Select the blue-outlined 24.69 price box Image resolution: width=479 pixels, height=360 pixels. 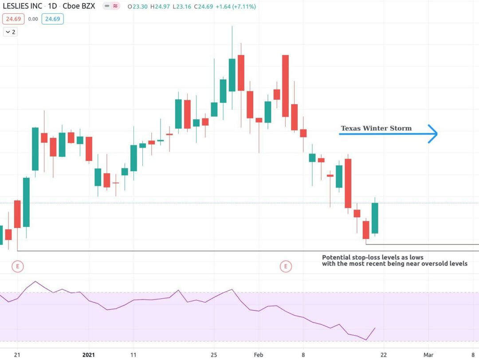pos(52,19)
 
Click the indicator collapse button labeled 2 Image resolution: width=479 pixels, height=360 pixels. pos(11,32)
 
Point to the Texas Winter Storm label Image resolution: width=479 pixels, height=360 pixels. pos(376,129)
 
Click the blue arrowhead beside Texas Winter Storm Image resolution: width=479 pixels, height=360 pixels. pos(433,133)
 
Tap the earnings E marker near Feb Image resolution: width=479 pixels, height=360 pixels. pos(286,266)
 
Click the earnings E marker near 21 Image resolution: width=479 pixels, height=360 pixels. pos(18,266)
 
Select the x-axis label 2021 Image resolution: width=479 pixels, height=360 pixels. pos(89,355)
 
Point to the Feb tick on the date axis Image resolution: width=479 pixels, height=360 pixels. pos(259,355)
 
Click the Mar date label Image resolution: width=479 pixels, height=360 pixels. pos(428,355)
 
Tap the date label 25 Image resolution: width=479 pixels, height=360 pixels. pos(214,355)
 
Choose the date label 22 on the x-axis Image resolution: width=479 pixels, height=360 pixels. pos(383,355)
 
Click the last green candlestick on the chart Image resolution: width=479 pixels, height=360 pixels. pos(375,218)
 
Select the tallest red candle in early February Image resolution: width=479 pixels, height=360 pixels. pos(286,86)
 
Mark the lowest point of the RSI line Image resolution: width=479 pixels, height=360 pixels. pos(366,340)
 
